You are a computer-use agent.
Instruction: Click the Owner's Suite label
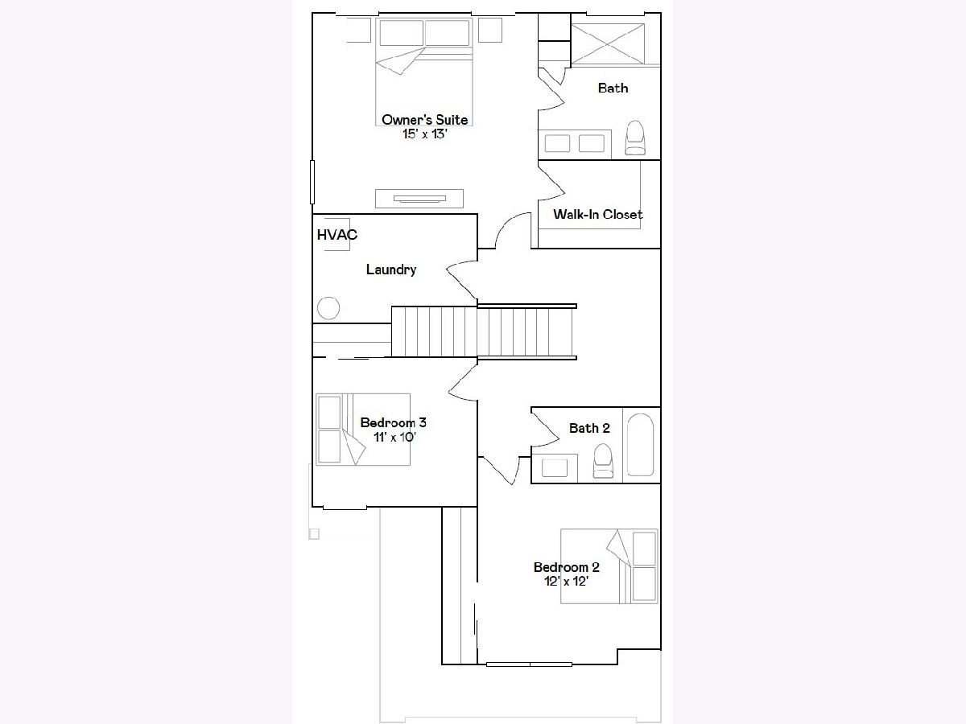click(425, 120)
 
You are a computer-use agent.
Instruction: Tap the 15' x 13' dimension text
click(425, 134)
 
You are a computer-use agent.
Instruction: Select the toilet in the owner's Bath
click(635, 138)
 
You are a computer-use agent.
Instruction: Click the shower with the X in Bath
click(607, 44)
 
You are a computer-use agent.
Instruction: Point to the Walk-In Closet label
click(597, 215)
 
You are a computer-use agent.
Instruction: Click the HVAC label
click(337, 235)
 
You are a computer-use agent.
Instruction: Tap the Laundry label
click(391, 269)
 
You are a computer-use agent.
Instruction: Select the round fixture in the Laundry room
click(328, 308)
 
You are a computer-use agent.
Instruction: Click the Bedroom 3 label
click(393, 423)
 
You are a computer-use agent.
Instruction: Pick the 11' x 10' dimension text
click(394, 438)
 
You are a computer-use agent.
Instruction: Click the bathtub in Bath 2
click(640, 445)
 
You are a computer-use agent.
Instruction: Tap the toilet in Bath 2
click(603, 461)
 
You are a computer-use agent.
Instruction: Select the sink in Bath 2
click(555, 468)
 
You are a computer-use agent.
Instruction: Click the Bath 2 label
click(589, 428)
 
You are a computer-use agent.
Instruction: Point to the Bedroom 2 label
click(567, 567)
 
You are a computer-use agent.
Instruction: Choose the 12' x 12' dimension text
click(567, 582)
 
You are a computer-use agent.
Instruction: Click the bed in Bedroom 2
click(609, 566)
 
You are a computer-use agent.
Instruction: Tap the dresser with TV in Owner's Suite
click(419, 199)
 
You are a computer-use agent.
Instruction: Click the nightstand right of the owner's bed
click(490, 30)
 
